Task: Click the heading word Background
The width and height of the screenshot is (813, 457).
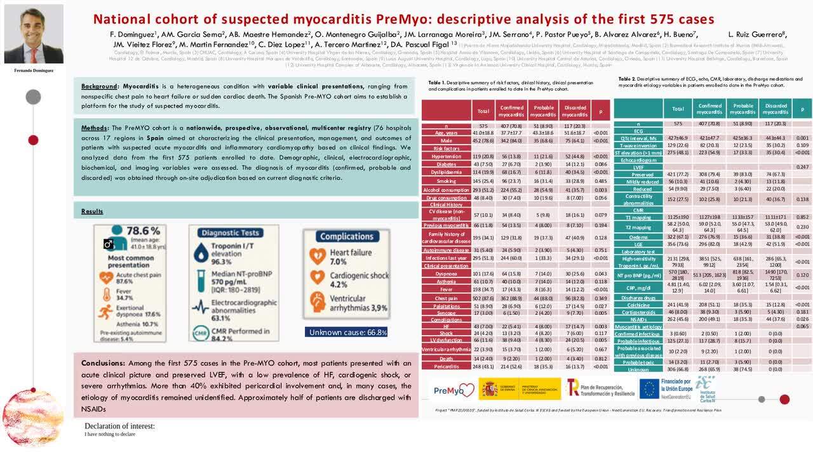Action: click(99, 86)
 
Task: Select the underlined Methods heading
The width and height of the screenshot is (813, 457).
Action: click(94, 128)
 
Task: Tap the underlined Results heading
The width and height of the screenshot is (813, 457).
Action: click(92, 211)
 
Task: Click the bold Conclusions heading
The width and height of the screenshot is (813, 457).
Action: click(103, 363)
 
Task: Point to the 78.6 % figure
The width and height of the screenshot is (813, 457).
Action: click(144, 231)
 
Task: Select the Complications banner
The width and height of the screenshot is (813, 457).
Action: click(346, 236)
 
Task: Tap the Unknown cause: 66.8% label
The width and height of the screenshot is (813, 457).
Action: click(347, 332)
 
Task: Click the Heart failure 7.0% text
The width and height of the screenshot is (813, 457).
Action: click(346, 257)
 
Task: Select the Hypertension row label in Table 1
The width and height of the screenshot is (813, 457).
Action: click(446, 156)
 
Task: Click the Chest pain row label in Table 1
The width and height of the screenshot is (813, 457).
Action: click(446, 298)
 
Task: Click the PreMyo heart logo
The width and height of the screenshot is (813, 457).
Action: click(453, 389)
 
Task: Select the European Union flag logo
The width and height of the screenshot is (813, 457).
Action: click(648, 388)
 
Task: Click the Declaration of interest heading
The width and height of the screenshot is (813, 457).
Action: click(120, 426)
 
